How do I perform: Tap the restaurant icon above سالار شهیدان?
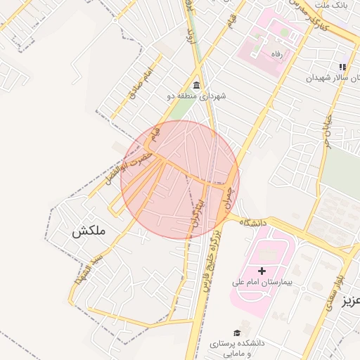point(343,67)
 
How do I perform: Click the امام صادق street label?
point(141,78)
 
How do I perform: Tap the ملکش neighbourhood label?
point(87,231)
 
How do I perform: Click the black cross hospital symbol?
point(262,271)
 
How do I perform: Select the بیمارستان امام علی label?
point(262,282)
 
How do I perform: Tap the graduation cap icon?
point(237,332)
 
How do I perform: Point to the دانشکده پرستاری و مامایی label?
point(237,348)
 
